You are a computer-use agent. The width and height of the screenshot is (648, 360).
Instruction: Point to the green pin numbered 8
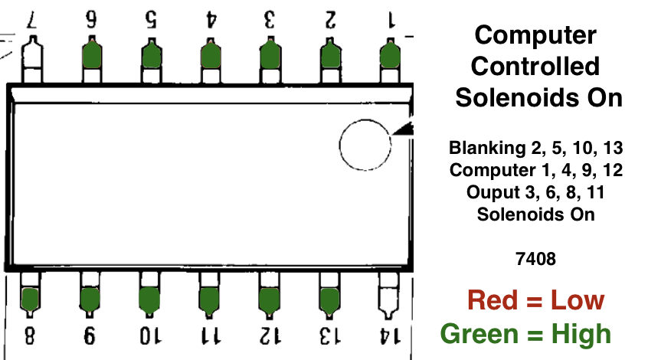click(x=31, y=299)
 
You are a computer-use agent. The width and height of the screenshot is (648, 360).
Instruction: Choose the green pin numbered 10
click(x=149, y=299)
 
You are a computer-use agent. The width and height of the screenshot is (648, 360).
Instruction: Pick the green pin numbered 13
click(x=329, y=299)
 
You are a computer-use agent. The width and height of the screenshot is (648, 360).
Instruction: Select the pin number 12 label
click(x=269, y=337)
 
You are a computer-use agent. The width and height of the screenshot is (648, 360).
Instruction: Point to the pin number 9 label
click(x=90, y=337)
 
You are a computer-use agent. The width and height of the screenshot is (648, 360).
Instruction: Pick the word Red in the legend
click(x=493, y=300)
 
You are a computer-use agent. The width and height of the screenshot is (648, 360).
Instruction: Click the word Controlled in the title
click(x=535, y=66)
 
